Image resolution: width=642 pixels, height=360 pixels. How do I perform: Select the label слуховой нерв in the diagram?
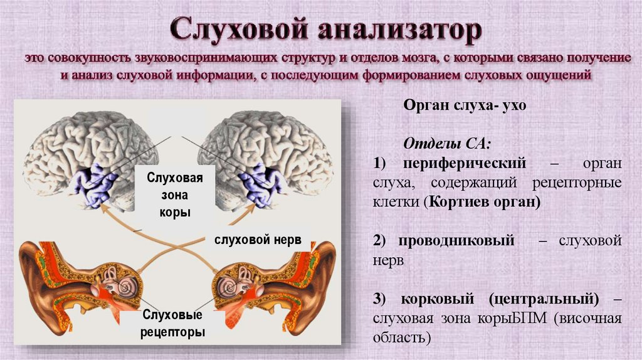[258, 240]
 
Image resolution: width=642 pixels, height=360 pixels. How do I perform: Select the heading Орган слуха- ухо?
[464, 106]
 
